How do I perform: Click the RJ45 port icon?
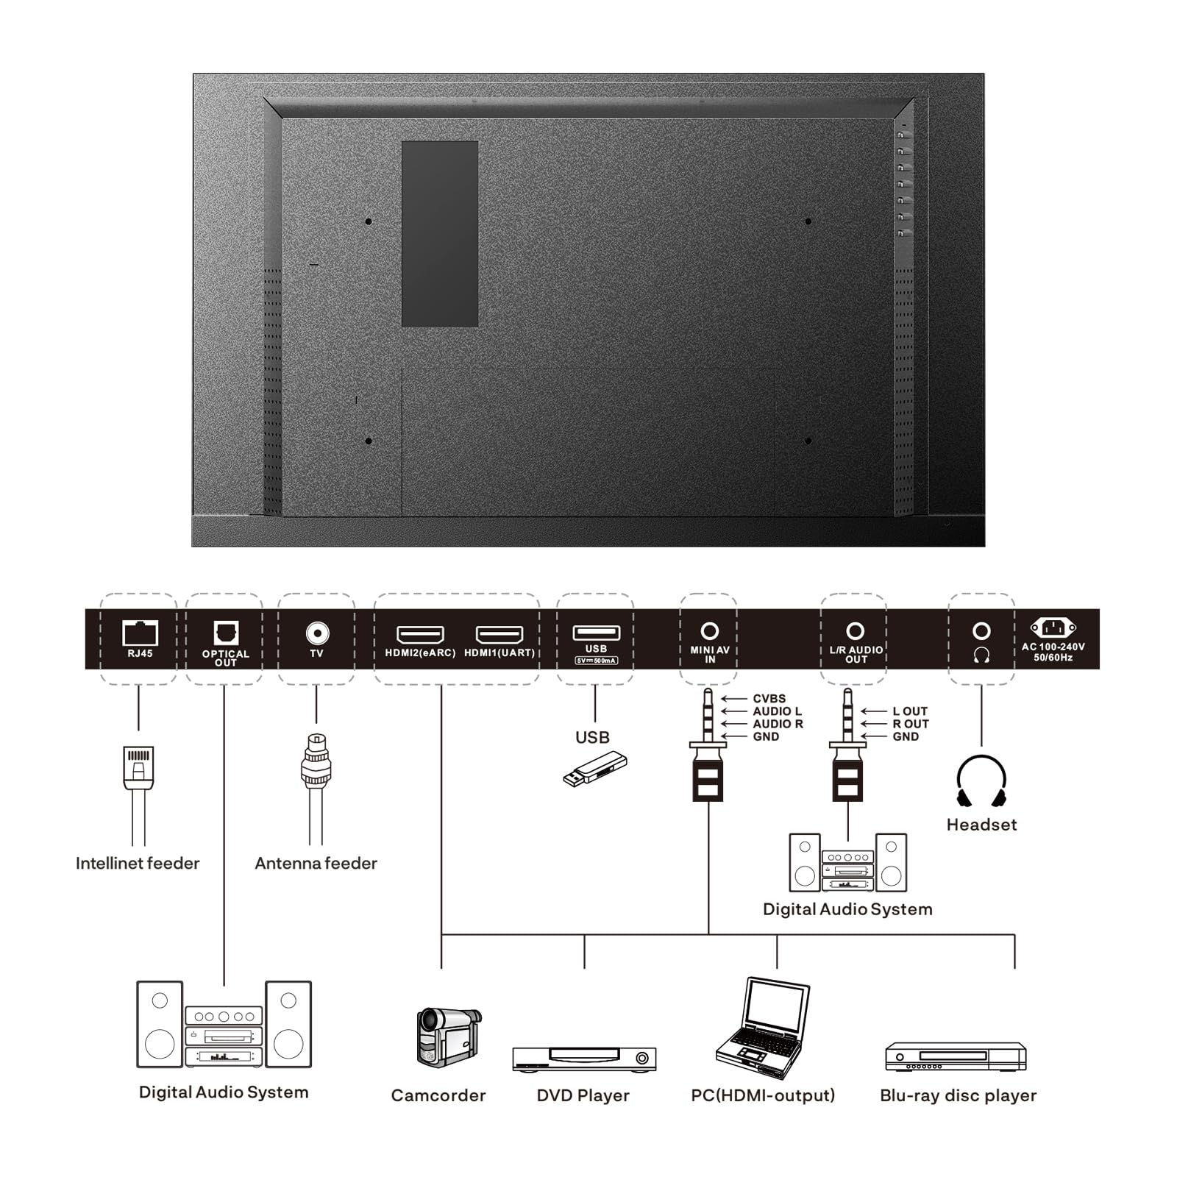click(x=140, y=633)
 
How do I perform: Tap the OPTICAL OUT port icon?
click(x=226, y=633)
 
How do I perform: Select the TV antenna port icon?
click(x=317, y=633)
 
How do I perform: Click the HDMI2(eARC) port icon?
click(x=420, y=634)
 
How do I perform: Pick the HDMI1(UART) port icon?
click(x=499, y=634)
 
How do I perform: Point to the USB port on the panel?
click(x=596, y=633)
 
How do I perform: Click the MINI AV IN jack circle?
click(x=709, y=631)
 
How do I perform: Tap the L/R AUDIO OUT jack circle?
click(x=855, y=631)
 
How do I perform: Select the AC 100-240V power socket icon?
click(x=1053, y=628)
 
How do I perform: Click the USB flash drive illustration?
click(x=595, y=769)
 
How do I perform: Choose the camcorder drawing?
click(x=448, y=1036)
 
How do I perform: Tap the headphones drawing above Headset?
click(x=981, y=781)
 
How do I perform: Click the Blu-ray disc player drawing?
click(x=956, y=1056)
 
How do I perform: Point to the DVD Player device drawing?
click(x=584, y=1059)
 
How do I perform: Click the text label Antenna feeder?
click(x=316, y=863)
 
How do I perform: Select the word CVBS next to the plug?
click(x=769, y=699)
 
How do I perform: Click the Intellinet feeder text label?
click(x=138, y=863)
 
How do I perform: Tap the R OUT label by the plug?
click(x=911, y=724)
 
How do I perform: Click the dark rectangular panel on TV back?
click(x=440, y=234)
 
